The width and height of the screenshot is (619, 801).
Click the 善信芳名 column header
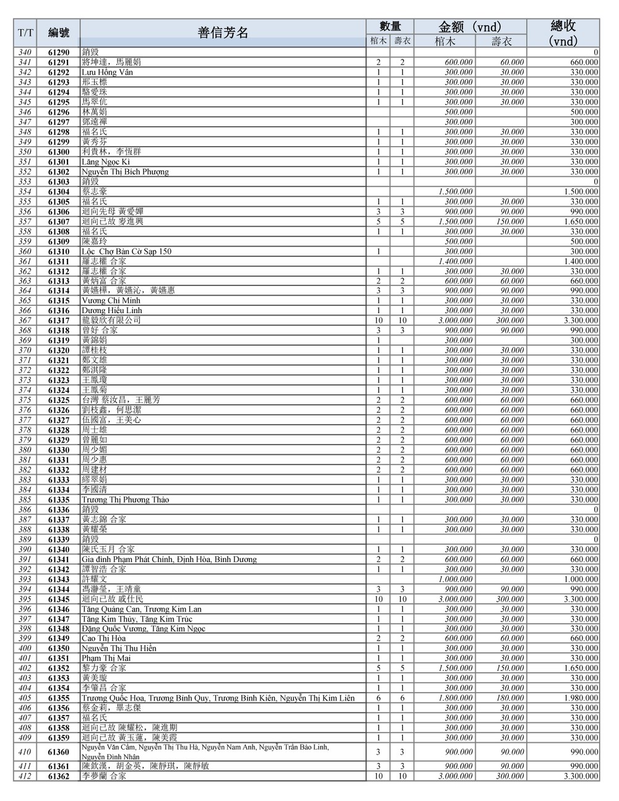tap(223, 33)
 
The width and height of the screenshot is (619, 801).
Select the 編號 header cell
tap(59, 33)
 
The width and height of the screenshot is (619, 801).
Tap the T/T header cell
tap(25, 33)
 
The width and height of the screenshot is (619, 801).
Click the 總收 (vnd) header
tap(563, 33)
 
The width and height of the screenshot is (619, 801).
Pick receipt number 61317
tap(59, 321)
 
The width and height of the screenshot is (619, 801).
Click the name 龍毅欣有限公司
tap(111, 321)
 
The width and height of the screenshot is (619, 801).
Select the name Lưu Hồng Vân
tap(107, 72)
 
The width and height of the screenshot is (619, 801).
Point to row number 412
tap(25, 776)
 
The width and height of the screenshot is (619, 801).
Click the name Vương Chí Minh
tap(111, 301)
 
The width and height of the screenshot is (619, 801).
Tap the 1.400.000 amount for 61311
tap(455, 261)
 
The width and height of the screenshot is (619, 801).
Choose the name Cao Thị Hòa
tap(103, 638)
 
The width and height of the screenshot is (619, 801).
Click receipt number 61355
tap(59, 698)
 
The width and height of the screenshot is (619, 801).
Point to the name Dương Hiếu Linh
tap(111, 311)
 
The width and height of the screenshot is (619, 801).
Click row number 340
tap(25, 53)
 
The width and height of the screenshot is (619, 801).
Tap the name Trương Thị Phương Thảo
tap(126, 500)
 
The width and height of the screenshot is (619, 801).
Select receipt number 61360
tap(59, 752)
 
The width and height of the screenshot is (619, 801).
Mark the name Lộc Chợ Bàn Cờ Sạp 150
tap(126, 251)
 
